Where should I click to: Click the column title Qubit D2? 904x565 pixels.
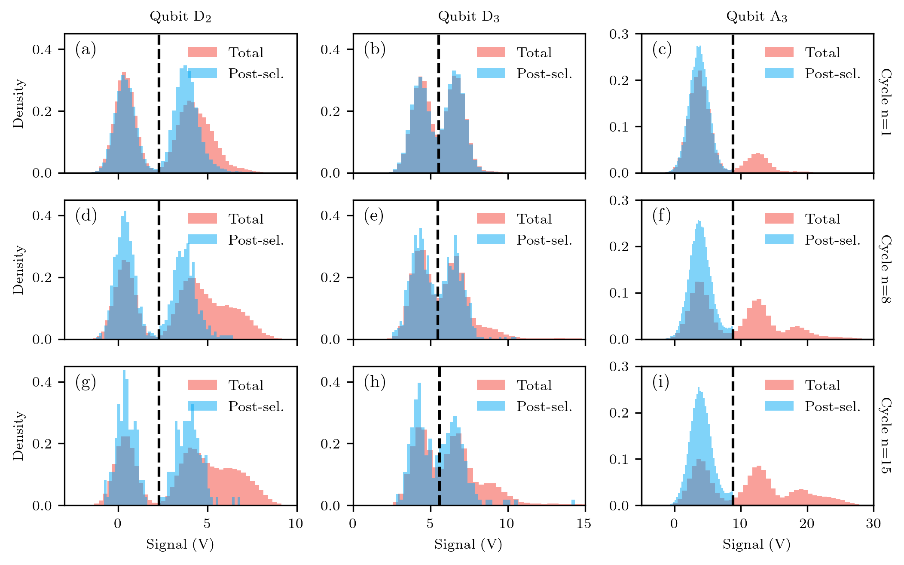coord(180,16)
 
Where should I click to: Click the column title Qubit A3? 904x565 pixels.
coord(757,16)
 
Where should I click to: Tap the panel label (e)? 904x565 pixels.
coord(373,215)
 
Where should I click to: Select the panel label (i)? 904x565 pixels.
coord(661,381)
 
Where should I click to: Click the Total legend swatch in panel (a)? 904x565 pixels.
coord(202,52)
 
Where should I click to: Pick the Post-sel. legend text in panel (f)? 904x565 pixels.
coord(832,240)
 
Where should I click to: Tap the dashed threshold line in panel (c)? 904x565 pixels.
coord(733,103)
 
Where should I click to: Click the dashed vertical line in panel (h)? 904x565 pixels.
coord(439,434)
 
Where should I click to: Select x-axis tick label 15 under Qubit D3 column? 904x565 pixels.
coord(583,523)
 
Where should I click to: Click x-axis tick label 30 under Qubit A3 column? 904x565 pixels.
coord(873,523)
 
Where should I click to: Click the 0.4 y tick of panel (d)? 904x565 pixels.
coord(42,215)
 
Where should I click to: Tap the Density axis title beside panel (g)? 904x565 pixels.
coord(18,436)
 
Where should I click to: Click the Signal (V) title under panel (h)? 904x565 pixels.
coord(468,544)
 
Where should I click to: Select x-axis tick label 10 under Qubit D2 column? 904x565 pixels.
coord(296,523)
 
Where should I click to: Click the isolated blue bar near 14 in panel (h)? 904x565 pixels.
coord(573,502)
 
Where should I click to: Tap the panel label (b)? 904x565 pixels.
coord(374,49)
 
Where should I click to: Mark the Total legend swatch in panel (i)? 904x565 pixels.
coord(779,385)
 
